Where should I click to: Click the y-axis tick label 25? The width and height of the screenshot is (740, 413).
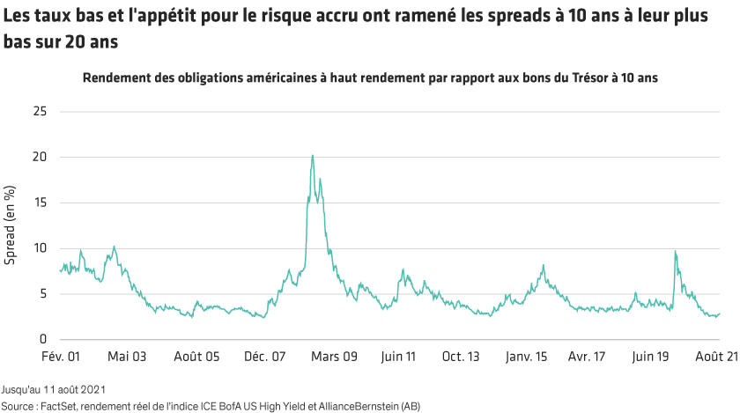40,112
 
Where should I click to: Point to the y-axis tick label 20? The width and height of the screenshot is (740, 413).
40,158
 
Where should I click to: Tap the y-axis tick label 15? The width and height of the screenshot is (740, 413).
40,203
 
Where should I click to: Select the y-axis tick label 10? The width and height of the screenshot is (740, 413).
40,248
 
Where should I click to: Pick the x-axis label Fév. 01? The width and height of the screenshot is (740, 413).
63,357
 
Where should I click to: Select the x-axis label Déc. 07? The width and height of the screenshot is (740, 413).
265,357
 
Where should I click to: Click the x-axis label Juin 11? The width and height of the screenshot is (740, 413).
398,357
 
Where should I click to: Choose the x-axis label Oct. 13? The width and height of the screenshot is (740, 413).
461,357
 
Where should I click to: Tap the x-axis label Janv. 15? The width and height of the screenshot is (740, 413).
528,357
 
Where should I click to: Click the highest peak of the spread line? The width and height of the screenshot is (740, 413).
313,156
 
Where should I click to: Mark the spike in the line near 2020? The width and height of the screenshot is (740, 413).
675,252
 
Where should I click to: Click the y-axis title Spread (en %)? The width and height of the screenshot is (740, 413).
10,225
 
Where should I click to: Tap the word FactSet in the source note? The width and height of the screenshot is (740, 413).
55,405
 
